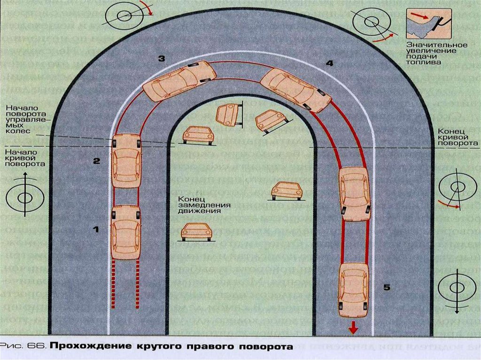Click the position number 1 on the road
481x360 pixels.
pyautogui.click(x=96, y=230)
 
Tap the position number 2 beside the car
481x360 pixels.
pyautogui.click(x=96, y=161)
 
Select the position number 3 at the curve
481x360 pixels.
pyautogui.click(x=161, y=59)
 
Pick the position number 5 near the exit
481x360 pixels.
pyautogui.click(x=387, y=287)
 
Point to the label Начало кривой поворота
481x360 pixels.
pyautogui.click(x=25, y=158)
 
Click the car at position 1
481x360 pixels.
pyautogui.click(x=126, y=232)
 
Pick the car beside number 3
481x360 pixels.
pyautogui.click(x=179, y=81)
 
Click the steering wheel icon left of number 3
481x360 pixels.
pyautogui.click(x=124, y=15)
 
